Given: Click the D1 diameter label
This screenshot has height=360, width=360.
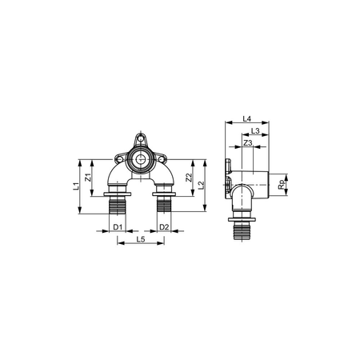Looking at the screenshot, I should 117,227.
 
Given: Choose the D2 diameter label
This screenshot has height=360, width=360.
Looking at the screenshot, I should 163,227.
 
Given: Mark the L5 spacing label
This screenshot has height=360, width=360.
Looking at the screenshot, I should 140,239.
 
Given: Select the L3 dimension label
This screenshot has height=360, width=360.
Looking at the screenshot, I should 255,130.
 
